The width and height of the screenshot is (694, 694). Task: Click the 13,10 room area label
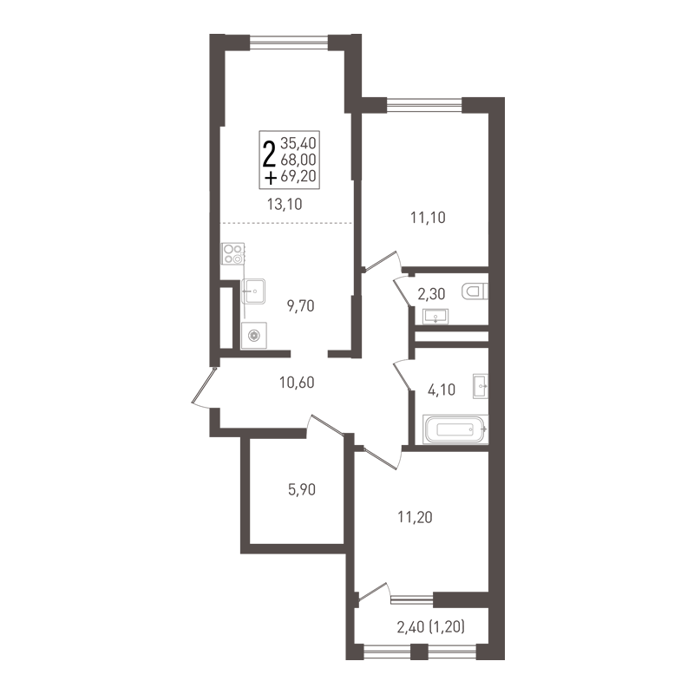click(285, 204)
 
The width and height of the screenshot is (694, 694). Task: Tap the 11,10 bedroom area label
click(428, 218)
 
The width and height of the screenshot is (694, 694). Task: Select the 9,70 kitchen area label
click(300, 306)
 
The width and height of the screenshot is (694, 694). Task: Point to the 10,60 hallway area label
click(297, 382)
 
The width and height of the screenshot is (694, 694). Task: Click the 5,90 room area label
click(302, 490)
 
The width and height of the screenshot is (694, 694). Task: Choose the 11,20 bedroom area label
click(416, 517)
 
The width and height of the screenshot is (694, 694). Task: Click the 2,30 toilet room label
click(431, 294)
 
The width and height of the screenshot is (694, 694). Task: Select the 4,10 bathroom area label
click(442, 390)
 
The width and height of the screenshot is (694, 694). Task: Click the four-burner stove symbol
click(232, 254)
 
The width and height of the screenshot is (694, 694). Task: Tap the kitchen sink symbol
click(253, 291)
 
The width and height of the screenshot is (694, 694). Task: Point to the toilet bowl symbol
click(475, 291)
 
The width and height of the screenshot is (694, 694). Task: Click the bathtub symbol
click(455, 429)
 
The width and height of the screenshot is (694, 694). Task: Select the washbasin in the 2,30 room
click(435, 317)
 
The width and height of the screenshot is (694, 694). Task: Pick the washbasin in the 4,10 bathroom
click(481, 386)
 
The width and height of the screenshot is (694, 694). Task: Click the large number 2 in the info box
click(269, 152)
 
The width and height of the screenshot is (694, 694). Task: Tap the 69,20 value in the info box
click(298, 176)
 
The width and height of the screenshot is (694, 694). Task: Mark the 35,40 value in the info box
click(298, 143)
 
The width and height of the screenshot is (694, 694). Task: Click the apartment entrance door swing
click(203, 386)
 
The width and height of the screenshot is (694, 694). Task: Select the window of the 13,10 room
click(289, 42)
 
